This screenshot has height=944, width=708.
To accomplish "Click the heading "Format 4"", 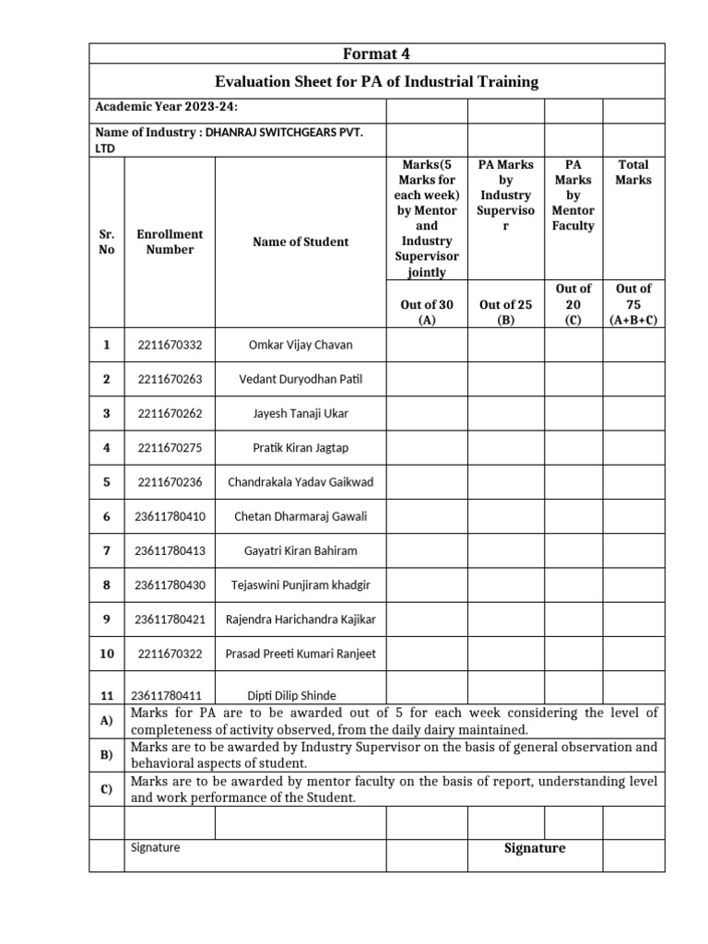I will click(x=376, y=53).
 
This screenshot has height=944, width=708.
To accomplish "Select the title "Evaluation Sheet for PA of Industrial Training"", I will click(x=376, y=82).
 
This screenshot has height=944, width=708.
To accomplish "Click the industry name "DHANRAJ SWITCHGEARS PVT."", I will click(x=284, y=133).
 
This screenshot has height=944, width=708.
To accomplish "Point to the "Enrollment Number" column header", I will click(x=169, y=242).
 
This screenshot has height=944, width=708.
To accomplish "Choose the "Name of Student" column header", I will click(x=301, y=242).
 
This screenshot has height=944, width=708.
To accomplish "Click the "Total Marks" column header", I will click(x=632, y=171).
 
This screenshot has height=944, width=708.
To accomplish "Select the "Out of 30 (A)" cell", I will click(x=426, y=312).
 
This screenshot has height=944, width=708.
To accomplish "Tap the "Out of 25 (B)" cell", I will click(x=505, y=312).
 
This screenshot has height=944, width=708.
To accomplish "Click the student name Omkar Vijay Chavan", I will click(x=301, y=345).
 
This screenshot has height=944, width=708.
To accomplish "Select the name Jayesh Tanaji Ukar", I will click(x=301, y=413).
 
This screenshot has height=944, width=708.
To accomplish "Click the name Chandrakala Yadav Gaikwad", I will click(x=301, y=482).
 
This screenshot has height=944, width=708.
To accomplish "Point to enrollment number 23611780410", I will click(x=170, y=516).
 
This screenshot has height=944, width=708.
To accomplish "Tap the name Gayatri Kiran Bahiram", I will click(x=301, y=550).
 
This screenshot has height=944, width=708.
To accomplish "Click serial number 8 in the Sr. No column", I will click(x=107, y=584).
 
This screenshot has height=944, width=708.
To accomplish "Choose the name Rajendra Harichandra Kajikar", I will click(x=301, y=619).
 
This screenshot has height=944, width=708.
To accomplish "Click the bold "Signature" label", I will click(x=535, y=848).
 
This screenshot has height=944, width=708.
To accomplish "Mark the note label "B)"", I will click(x=106, y=755).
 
